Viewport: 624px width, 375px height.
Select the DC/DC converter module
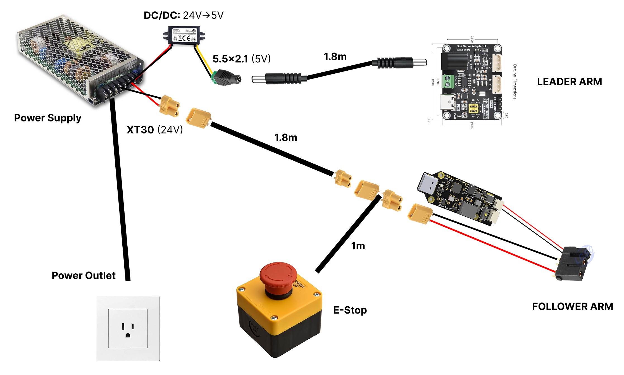coord(184,35)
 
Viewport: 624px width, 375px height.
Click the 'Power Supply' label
coord(47,118)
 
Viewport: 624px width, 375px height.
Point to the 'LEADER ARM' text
coord(569,82)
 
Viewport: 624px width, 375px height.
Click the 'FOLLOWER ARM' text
coord(572,306)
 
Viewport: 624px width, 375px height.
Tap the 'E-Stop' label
coord(350,310)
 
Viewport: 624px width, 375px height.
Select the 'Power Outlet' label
coord(84,276)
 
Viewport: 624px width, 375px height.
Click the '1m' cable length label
coord(358,246)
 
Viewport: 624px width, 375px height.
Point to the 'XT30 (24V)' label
coord(155,130)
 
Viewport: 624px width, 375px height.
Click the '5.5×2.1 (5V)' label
coord(242,59)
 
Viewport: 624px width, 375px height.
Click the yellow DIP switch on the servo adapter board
coord(473,109)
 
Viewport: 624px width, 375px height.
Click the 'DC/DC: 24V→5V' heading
coord(184,15)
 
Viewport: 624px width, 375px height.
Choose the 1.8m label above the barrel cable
coord(335,57)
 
